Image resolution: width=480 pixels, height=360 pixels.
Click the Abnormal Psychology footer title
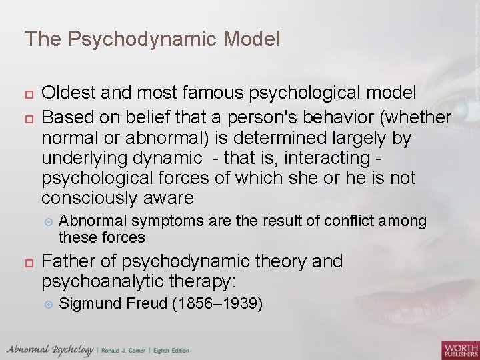(x=50, y=350)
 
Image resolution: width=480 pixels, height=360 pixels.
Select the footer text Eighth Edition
(x=171, y=351)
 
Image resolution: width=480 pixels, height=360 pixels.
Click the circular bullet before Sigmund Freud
(x=47, y=305)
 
